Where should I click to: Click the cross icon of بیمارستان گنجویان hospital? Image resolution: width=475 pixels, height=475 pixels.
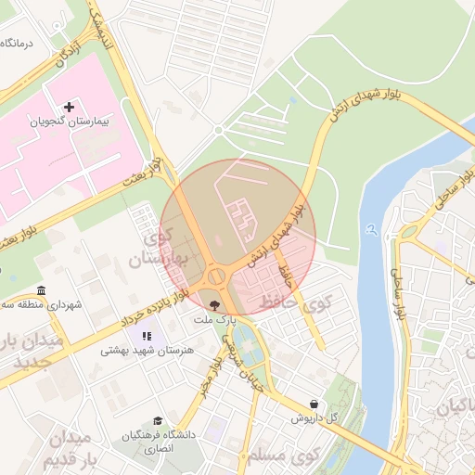tap(70, 108)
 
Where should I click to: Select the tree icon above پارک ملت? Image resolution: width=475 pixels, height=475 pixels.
tap(215, 304)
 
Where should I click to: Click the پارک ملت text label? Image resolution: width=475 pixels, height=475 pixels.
tap(215, 318)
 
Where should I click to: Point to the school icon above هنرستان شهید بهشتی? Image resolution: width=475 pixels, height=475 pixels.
tap(146, 335)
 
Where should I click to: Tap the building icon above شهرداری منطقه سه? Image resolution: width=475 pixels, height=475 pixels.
tap(41, 289)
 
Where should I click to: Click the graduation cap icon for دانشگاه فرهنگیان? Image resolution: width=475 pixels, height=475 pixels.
tap(158, 421)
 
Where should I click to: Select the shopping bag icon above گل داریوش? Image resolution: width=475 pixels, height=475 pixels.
tap(315, 404)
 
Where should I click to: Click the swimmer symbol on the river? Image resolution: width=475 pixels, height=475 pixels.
tap(371, 228)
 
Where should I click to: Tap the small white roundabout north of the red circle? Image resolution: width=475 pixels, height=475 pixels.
tap(218, 130)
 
